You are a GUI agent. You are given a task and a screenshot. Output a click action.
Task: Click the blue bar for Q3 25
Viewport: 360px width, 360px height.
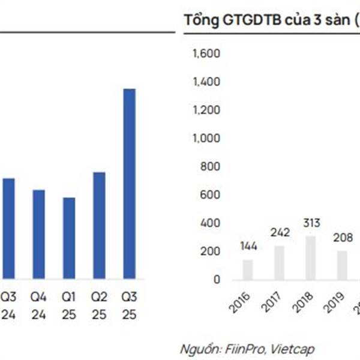point(129,183)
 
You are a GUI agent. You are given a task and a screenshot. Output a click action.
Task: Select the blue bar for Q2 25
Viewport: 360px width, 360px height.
point(99,225)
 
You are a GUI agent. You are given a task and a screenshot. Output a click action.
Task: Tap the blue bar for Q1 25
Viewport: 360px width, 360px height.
point(69,238)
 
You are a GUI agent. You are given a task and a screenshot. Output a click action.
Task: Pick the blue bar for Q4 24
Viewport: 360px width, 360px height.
point(39,234)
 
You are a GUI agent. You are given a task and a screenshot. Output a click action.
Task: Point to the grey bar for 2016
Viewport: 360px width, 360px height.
point(248,269)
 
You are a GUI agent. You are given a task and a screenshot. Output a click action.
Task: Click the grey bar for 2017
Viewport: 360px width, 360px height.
point(280,263)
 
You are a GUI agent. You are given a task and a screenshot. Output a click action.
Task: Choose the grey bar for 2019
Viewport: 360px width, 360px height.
point(342,265)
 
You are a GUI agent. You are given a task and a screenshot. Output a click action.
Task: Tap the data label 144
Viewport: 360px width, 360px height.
point(248,245)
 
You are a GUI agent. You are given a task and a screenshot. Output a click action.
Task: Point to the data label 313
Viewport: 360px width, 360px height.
point(311,223)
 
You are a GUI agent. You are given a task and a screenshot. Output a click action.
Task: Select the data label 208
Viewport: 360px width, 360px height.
point(342,237)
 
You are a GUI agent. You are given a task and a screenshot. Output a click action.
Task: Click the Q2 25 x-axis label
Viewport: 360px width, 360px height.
point(99,305)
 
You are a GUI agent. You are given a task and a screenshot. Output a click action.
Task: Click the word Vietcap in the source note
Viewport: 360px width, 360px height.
point(292,349)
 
